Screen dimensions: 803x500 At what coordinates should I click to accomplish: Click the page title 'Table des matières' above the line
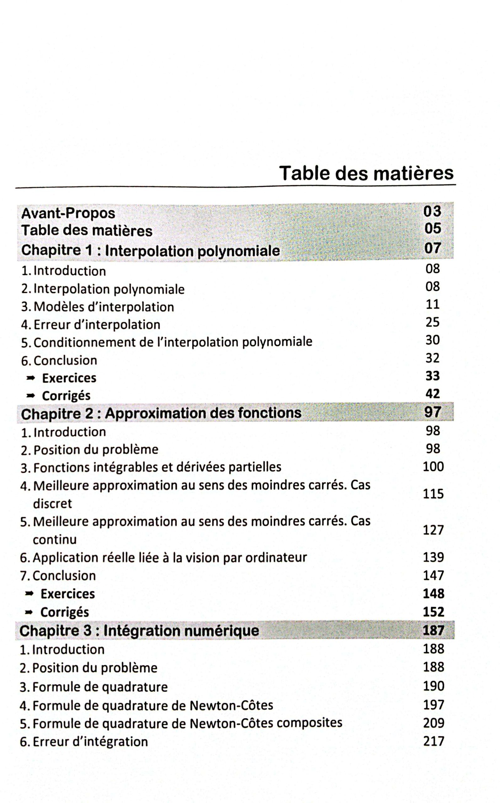tap(366, 173)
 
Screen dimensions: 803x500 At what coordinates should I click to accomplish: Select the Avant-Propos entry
tap(68, 213)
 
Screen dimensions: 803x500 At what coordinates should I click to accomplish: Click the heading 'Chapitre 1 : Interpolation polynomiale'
tap(151, 251)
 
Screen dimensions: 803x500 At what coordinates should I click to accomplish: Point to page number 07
tap(433, 248)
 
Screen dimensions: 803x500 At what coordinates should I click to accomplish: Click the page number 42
tap(433, 393)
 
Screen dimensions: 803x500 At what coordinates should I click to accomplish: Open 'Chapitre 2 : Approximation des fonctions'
tap(161, 413)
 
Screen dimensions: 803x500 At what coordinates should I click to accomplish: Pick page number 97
tap(433, 412)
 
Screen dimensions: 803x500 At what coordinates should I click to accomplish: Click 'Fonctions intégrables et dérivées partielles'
tap(157, 467)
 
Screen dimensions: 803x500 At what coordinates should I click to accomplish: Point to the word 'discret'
tap(52, 503)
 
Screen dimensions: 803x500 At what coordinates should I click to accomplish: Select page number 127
tap(433, 530)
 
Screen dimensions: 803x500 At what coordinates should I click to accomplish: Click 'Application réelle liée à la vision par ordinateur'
tap(170, 558)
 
